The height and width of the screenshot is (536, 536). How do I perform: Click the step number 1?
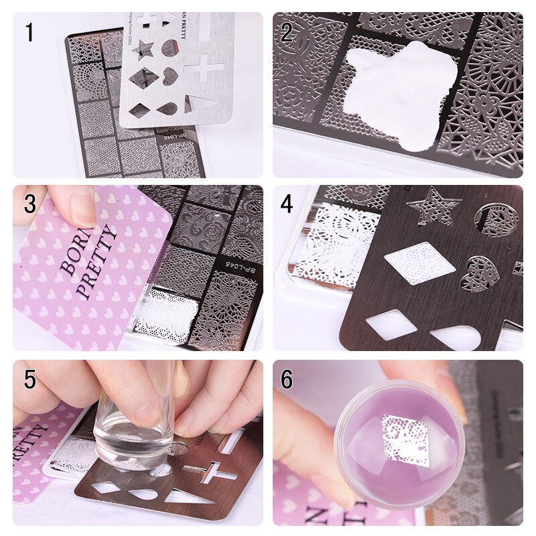pyautogui.click(x=29, y=32)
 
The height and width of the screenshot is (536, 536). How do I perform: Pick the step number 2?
pyautogui.click(x=287, y=32)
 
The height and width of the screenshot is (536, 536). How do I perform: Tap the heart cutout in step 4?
pyautogui.click(x=480, y=273)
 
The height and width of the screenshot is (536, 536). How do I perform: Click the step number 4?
pyautogui.click(x=287, y=204)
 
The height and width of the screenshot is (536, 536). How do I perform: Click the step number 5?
pyautogui.click(x=29, y=379)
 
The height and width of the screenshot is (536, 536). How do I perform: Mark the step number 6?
pyautogui.click(x=287, y=379)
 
